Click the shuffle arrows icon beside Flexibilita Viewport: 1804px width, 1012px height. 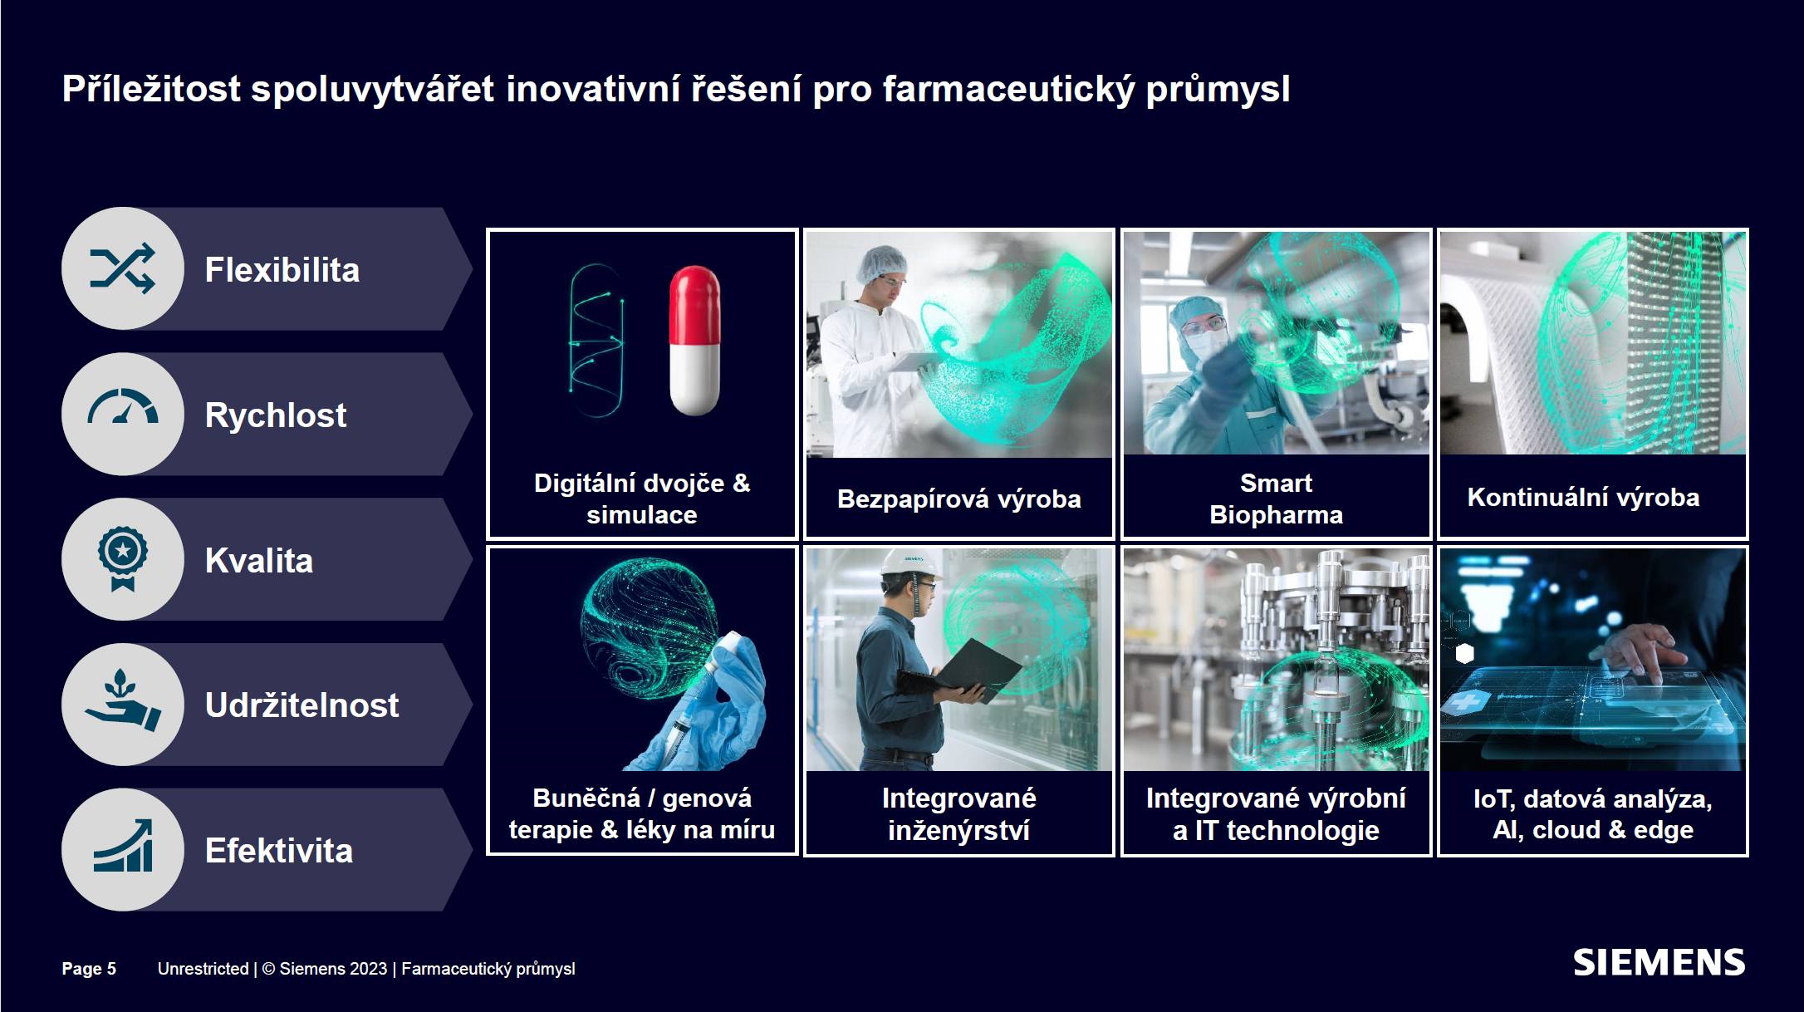click(x=122, y=268)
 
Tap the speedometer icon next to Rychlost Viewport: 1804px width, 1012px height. click(x=123, y=406)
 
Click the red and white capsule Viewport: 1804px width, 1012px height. click(x=694, y=340)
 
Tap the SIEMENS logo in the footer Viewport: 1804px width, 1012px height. click(x=1659, y=963)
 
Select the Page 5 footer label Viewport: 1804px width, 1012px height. click(x=89, y=969)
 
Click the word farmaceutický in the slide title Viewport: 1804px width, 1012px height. click(x=1008, y=90)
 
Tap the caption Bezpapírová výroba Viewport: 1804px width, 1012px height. click(x=959, y=499)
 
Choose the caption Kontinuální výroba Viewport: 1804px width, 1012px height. click(x=1583, y=497)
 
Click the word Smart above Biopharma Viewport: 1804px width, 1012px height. click(x=1276, y=483)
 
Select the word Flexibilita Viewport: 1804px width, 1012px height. click(x=282, y=270)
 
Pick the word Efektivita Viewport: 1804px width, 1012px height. click(x=279, y=851)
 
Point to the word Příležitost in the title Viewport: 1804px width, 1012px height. click(x=151, y=90)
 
